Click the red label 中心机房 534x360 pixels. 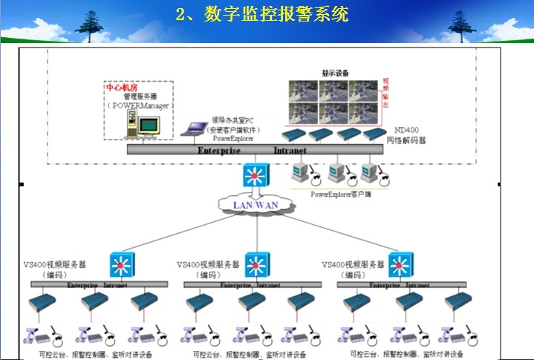pos(120,87)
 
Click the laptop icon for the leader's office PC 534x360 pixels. pos(195,129)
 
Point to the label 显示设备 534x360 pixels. pos(335,73)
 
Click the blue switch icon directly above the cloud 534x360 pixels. pos(256,176)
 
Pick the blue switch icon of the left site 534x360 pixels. pos(120,264)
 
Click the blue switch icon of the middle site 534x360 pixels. pos(257,264)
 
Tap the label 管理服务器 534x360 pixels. pos(140,96)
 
